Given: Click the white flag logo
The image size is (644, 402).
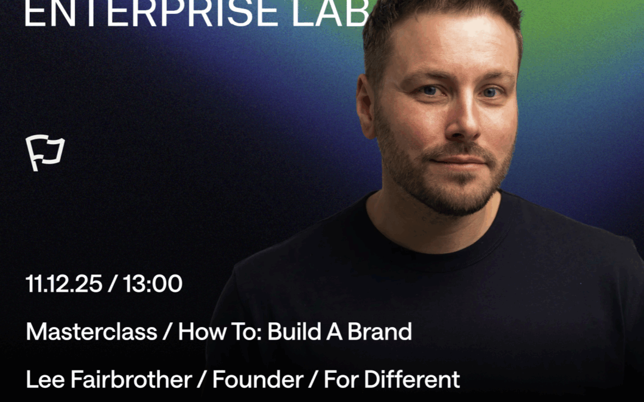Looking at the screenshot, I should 45,153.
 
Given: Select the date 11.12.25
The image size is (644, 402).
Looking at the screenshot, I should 64,285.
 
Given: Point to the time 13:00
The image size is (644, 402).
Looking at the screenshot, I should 153,285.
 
